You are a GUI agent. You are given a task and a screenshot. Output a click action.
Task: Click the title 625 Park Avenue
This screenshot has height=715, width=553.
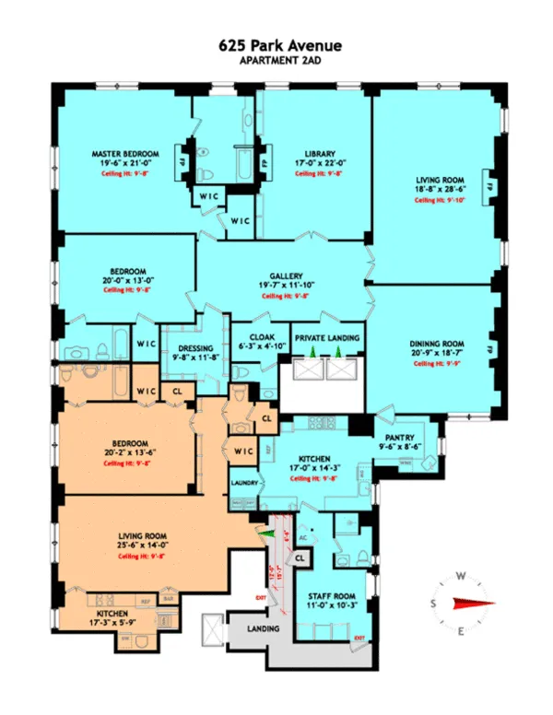tap(276, 43)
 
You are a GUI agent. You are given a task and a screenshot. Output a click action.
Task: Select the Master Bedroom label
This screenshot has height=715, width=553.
tap(125, 153)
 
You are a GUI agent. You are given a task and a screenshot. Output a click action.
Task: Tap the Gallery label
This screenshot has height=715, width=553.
tap(280, 275)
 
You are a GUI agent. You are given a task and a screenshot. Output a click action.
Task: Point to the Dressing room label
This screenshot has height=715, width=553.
tap(194, 348)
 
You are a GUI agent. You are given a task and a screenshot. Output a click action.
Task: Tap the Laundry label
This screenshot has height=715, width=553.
tap(243, 481)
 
